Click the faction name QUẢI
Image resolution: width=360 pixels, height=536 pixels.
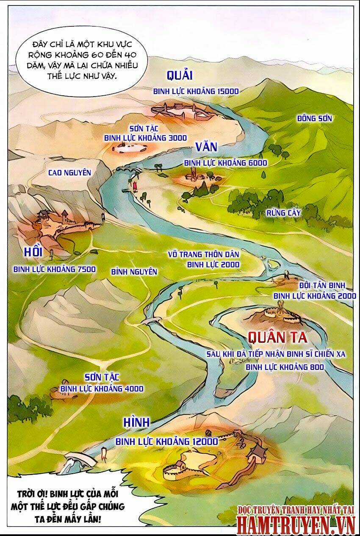pos(180,75)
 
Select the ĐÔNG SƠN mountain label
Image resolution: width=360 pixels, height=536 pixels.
pos(314,118)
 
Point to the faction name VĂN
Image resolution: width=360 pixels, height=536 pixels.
pos(206,147)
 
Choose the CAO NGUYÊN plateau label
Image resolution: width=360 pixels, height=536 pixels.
pos(70,172)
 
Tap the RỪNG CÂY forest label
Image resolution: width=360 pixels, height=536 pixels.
pos(283,213)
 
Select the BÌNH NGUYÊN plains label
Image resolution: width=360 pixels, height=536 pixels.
pos(134,272)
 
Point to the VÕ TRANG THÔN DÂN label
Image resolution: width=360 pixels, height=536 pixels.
pos(204,255)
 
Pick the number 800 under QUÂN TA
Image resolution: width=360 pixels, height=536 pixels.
pos(315,367)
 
